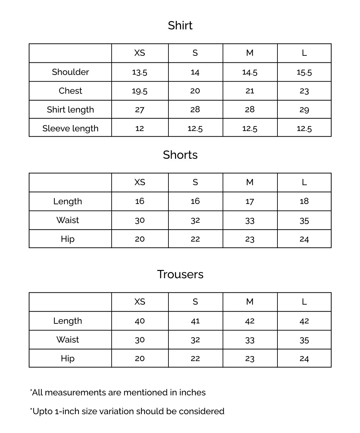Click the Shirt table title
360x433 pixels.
pos(180,25)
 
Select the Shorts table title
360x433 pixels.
pos(180,155)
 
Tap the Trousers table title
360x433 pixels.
pos(180,274)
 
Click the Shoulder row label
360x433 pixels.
pos(70,72)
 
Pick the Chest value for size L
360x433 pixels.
pos(304,91)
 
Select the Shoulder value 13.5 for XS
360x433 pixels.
pos(140,72)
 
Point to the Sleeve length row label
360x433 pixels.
pos(70,128)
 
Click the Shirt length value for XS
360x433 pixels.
pos(140,110)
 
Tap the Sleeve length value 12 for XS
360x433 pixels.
pos(140,128)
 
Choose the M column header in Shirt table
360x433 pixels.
pos(250,53)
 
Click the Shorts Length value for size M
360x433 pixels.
pos(250,201)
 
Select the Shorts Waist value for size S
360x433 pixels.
pos(195,220)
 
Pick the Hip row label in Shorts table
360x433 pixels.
pos(68,239)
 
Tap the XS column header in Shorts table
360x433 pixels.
pos(140,182)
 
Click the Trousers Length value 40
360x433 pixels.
pos(140,321)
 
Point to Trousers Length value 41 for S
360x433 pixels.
pos(195,321)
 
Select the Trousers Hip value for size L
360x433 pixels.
pos(304,359)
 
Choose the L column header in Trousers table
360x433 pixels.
pos(304,302)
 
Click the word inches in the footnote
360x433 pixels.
pos(192,392)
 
